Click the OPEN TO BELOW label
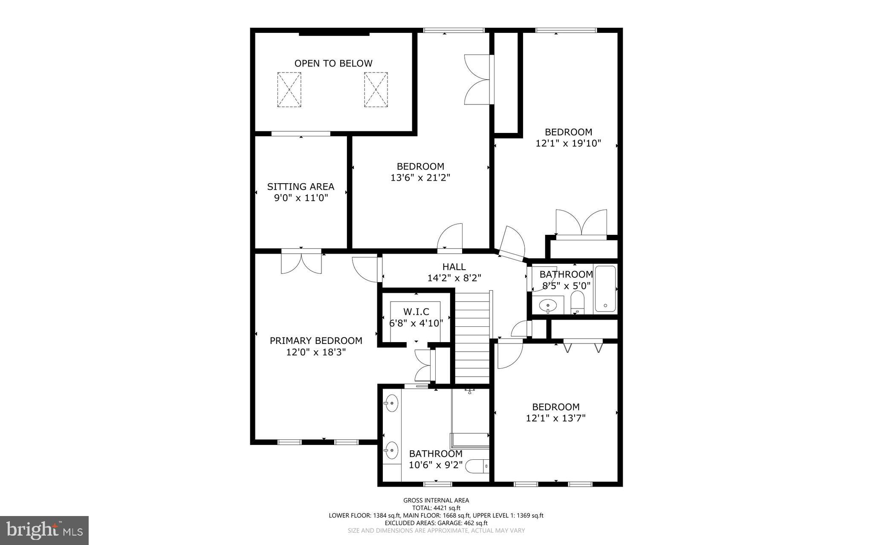(333, 63)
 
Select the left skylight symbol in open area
(289, 89)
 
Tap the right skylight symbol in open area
(376, 89)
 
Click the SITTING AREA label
(301, 187)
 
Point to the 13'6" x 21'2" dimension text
(420, 178)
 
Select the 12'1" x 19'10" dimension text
(568, 144)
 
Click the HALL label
(454, 267)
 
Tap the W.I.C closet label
(416, 312)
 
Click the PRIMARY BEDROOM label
(316, 341)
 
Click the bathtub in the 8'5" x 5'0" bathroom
(605, 289)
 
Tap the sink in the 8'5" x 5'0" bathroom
(547, 305)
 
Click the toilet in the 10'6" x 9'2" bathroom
(477, 467)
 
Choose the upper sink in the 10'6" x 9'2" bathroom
(391, 403)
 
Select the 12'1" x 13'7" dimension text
(555, 418)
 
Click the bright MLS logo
(44, 530)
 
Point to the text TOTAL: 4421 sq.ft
(436, 508)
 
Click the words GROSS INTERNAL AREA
(436, 500)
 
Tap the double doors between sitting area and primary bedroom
(301, 261)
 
